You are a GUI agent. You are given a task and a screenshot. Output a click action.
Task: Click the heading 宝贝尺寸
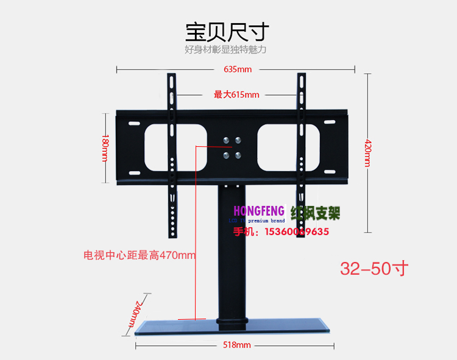point(227,30)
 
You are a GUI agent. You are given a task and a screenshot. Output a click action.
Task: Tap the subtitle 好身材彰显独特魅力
point(225,49)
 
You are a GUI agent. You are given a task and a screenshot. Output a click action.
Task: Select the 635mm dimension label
point(237,69)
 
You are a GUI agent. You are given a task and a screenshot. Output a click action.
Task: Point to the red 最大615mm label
point(236,94)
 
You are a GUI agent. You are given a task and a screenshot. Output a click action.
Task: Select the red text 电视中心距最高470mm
point(140,255)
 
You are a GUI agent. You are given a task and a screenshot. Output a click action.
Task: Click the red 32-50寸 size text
point(374,269)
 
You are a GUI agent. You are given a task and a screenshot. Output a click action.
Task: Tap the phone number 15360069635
point(298,231)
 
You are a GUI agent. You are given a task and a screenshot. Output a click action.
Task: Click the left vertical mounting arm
point(172,155)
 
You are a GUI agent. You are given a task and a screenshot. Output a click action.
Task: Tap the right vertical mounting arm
point(300,155)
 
